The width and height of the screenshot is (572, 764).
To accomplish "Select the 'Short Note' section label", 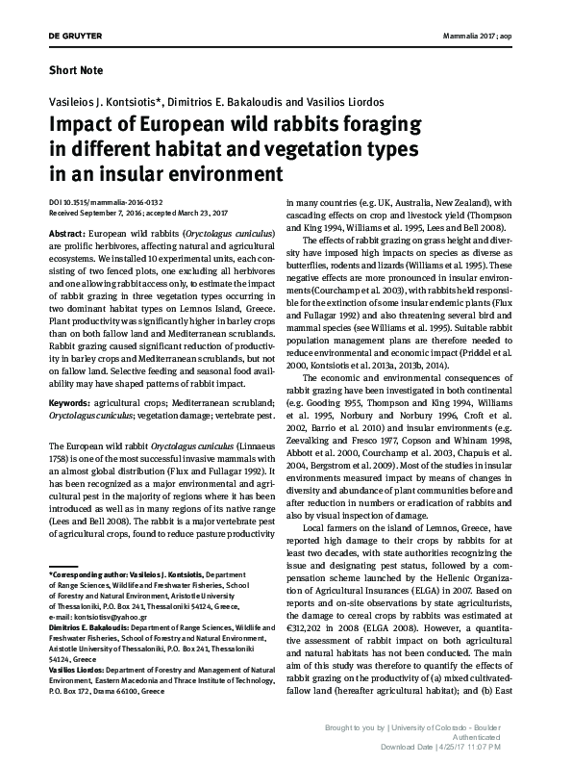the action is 78,70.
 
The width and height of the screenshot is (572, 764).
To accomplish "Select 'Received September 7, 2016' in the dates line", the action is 102,214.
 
